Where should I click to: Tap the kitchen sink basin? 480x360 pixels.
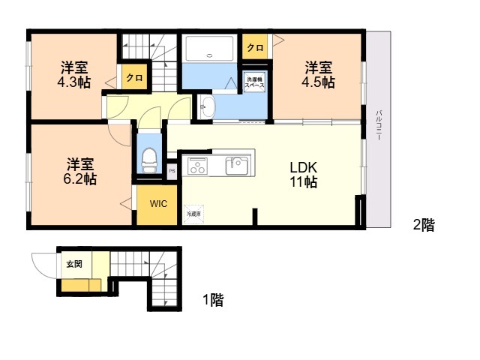tap(237, 166)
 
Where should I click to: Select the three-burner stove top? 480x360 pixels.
tap(197, 166)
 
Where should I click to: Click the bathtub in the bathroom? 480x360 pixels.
tap(210, 48)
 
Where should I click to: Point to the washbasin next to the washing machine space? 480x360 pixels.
tap(208, 107)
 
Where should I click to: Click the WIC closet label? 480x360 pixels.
tap(158, 203)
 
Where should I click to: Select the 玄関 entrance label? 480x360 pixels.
tap(74, 263)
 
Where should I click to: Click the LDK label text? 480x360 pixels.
tap(303, 167)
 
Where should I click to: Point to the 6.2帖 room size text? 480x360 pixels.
tap(80, 179)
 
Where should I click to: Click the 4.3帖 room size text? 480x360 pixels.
tap(74, 82)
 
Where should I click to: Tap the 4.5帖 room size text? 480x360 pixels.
tap(318, 82)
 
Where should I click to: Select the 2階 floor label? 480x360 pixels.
tap(424, 225)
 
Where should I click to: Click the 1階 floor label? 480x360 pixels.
tap(213, 300)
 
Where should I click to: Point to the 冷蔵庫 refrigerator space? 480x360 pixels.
tap(193, 214)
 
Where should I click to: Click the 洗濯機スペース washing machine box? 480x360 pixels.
tap(255, 82)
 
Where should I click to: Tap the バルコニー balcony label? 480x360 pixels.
tap(379, 125)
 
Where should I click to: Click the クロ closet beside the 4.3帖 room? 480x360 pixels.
tap(135, 77)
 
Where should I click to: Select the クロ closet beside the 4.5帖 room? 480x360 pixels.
tap(255, 46)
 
